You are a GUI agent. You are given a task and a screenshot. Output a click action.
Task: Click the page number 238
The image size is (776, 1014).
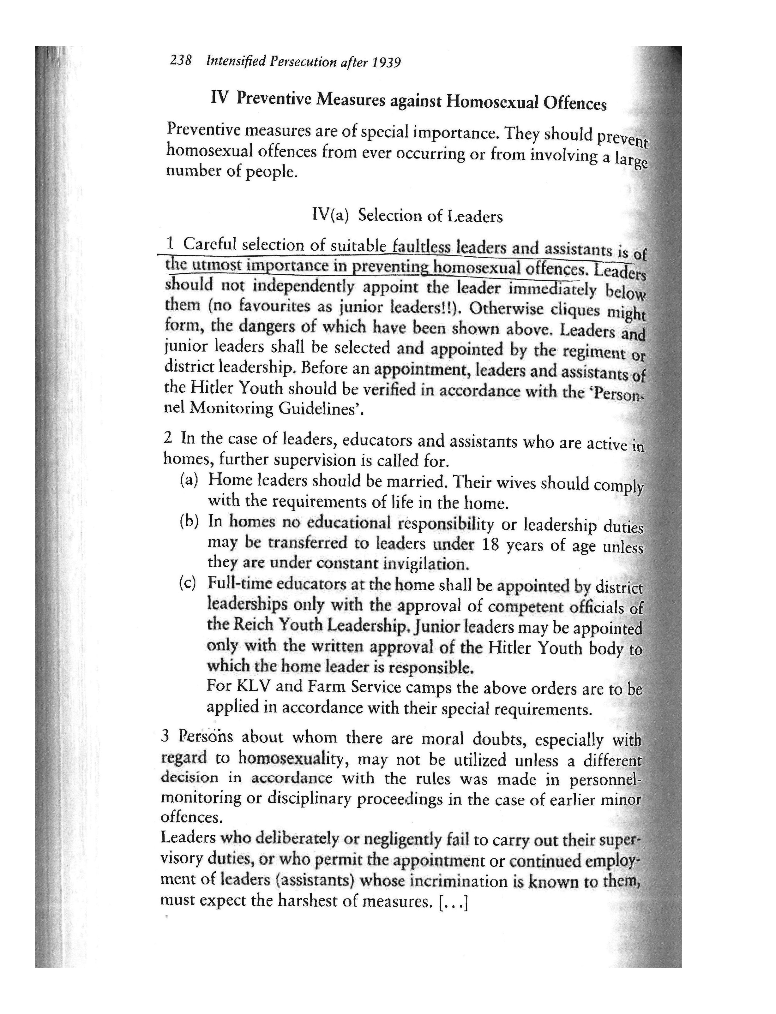pyautogui.click(x=181, y=61)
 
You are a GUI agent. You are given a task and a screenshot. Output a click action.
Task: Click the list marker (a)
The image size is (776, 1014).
pyautogui.click(x=189, y=480)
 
